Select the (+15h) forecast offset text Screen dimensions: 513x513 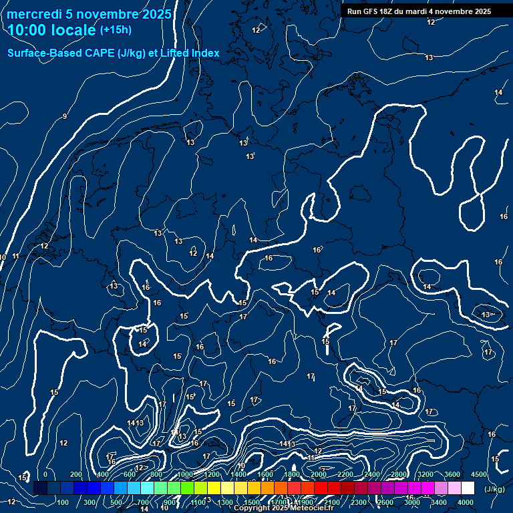(116, 30)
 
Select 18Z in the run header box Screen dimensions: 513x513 (389, 11)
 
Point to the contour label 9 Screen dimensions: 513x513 (65, 117)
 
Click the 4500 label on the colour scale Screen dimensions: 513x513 (478, 474)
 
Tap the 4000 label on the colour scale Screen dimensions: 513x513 (466, 502)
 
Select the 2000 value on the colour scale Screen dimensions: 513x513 (319, 474)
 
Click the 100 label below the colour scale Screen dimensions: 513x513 (63, 502)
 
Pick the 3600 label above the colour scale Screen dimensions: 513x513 (452, 474)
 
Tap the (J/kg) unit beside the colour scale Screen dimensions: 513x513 (494, 490)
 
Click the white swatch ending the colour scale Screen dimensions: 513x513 (486, 488)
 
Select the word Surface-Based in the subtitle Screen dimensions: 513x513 (37, 53)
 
